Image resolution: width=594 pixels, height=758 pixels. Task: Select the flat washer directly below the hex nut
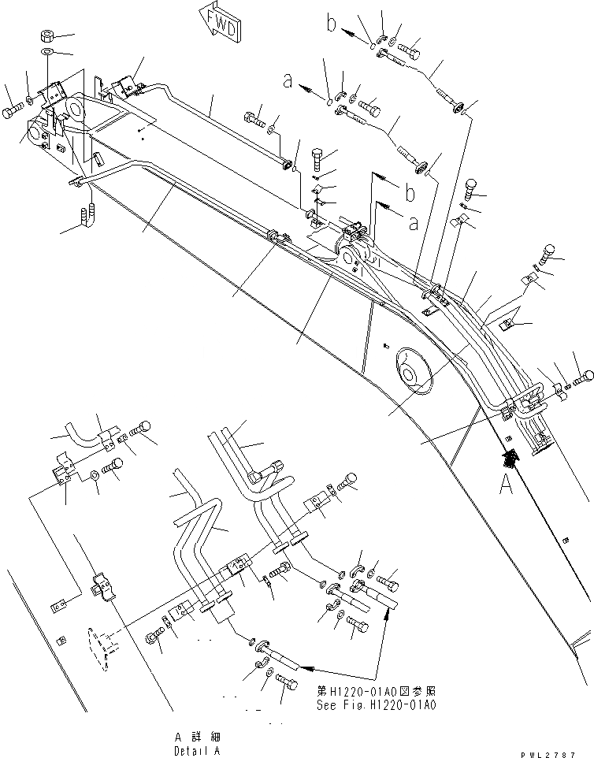coord(46,51)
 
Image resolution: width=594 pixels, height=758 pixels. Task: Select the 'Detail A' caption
coord(197,751)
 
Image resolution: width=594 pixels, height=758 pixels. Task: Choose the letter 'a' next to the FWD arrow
coord(289,79)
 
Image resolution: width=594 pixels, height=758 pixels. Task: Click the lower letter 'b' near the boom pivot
coord(408,191)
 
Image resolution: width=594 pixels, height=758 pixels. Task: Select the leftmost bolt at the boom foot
coord(11,113)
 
